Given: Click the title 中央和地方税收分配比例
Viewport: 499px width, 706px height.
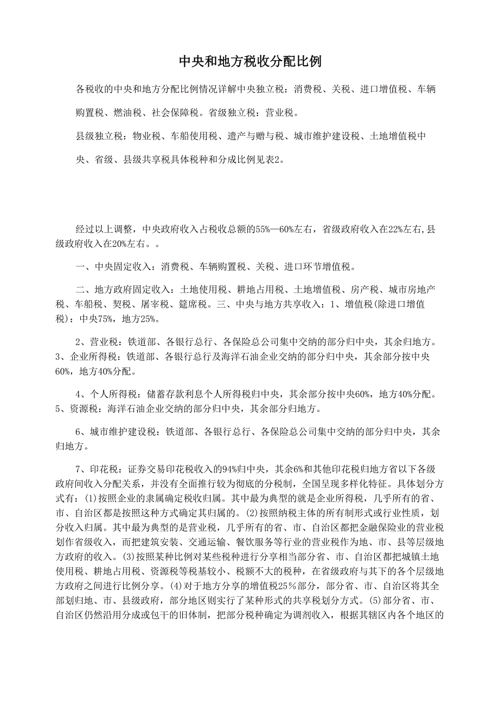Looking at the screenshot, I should (x=250, y=61).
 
